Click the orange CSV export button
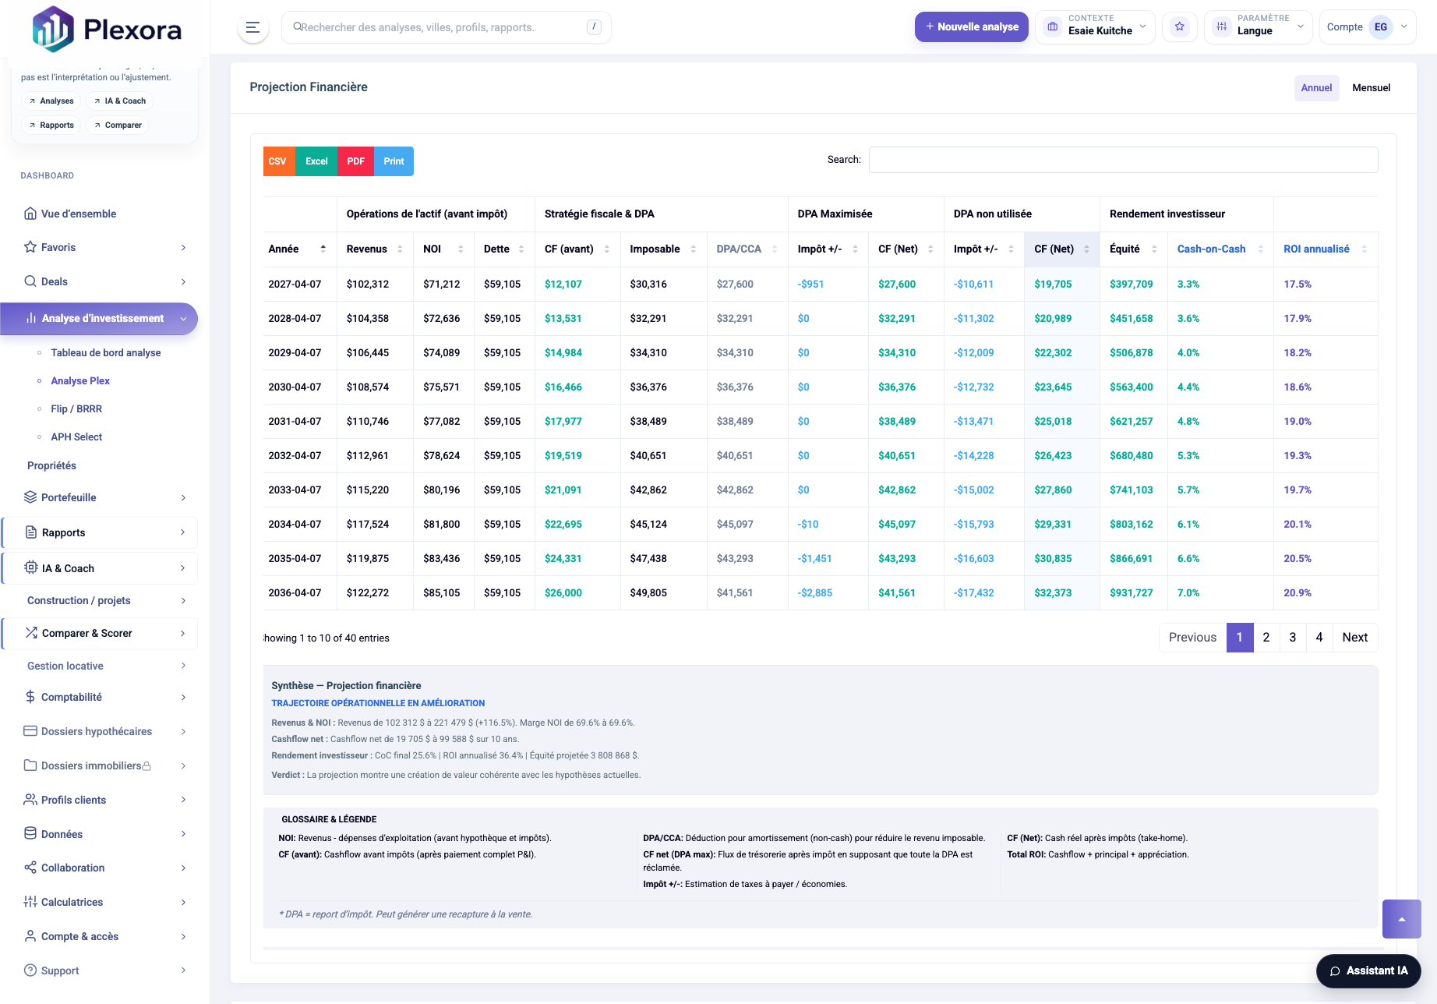pos(278,161)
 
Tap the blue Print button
pos(394,161)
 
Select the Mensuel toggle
pos(1371,88)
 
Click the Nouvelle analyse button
pos(971,27)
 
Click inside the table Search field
pos(1122,160)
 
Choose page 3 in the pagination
pos(1292,638)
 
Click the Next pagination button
pos(1354,638)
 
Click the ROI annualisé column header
pos(1316,249)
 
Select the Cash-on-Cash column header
pos(1211,249)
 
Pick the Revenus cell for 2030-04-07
pos(368,387)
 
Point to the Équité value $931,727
pos(1131,593)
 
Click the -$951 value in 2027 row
pos(810,285)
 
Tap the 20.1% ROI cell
pos(1298,525)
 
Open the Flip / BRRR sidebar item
pos(76,409)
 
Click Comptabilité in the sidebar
pos(72,698)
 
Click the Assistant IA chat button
pos(1368,971)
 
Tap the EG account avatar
pos(1380,27)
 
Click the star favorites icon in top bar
pos(1179,27)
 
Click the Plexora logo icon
pos(52,30)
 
